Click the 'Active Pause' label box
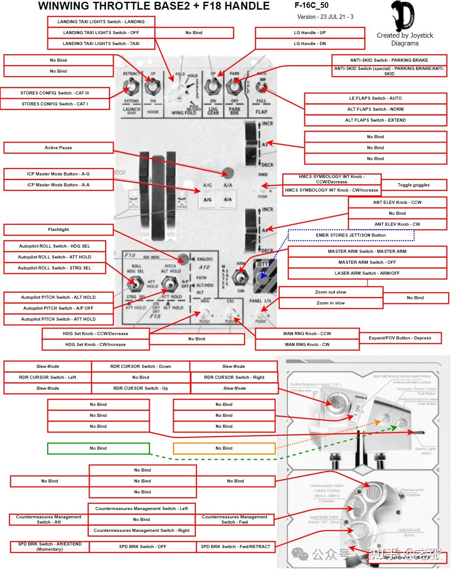click(58, 148)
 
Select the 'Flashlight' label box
click(58, 230)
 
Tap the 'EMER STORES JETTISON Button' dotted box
click(351, 235)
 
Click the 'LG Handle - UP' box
click(310, 33)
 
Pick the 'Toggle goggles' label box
click(413, 185)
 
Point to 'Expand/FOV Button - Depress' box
click(400, 338)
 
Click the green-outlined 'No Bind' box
click(98, 448)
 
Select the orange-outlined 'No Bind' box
click(224, 448)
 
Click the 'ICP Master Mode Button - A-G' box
click(58, 174)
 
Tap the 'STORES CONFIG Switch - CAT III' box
click(55, 93)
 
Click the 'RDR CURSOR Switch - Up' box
click(140, 388)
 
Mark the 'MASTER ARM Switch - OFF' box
click(367, 262)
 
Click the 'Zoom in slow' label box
click(331, 303)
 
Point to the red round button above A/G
click(227, 172)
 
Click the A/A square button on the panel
click(228, 200)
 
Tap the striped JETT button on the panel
click(264, 276)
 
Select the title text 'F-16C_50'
click(311, 6)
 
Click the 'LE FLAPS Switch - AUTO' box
click(375, 98)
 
